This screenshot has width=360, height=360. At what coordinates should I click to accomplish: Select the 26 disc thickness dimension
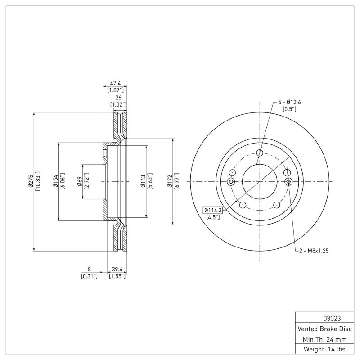118,97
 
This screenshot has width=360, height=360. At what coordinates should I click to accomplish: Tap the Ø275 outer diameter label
30,182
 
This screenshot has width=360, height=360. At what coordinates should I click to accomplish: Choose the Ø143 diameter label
142,181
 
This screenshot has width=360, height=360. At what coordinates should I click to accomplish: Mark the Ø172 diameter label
170,181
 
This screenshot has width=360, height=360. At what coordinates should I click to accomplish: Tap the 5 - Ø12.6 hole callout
289,102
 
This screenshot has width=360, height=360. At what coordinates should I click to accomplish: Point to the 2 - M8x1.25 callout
315,251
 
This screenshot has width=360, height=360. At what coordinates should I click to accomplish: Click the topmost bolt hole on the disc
260,153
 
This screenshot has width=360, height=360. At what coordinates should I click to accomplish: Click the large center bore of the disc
260,181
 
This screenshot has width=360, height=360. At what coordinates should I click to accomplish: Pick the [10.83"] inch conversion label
38,182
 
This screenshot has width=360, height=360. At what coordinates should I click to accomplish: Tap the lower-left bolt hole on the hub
243,205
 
